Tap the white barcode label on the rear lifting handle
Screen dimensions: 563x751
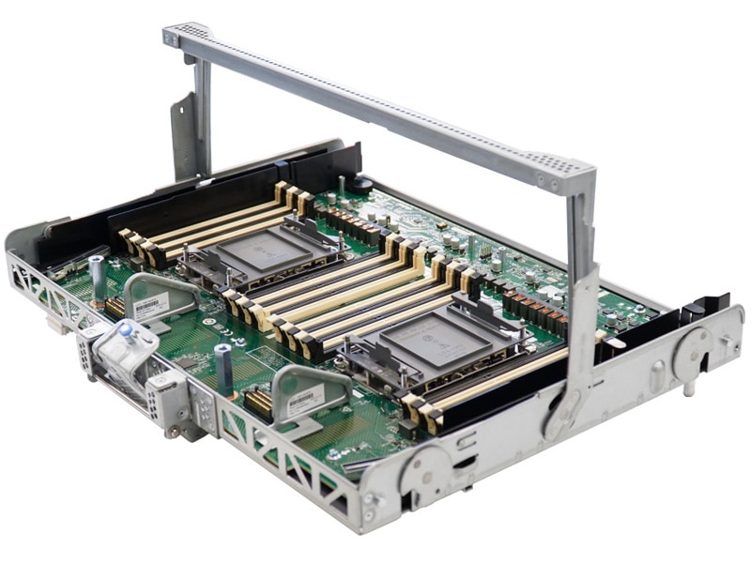(150, 306)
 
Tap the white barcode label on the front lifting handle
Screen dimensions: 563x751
(303, 401)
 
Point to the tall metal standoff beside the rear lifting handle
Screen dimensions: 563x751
(97, 276)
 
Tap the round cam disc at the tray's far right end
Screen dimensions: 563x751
(694, 352)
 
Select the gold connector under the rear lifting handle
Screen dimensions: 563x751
(115, 306)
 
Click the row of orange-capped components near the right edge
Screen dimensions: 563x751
(535, 310)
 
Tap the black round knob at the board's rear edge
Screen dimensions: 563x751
(361, 186)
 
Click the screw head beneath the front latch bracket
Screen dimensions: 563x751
(173, 432)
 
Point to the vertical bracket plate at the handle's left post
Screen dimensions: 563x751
(183, 131)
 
